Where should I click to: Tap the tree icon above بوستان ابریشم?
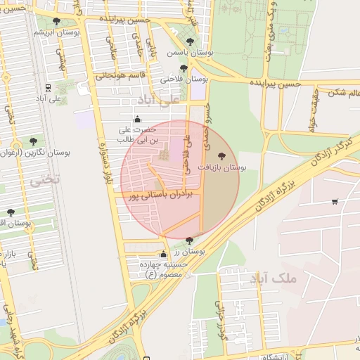tap(56, 21)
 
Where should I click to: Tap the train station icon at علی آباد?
tap(48, 88)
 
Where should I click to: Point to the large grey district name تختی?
tap(44, 179)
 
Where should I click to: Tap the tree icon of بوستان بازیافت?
tap(222, 156)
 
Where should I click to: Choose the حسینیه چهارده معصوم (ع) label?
tap(163, 269)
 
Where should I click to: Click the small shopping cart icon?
tap(335, 202)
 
